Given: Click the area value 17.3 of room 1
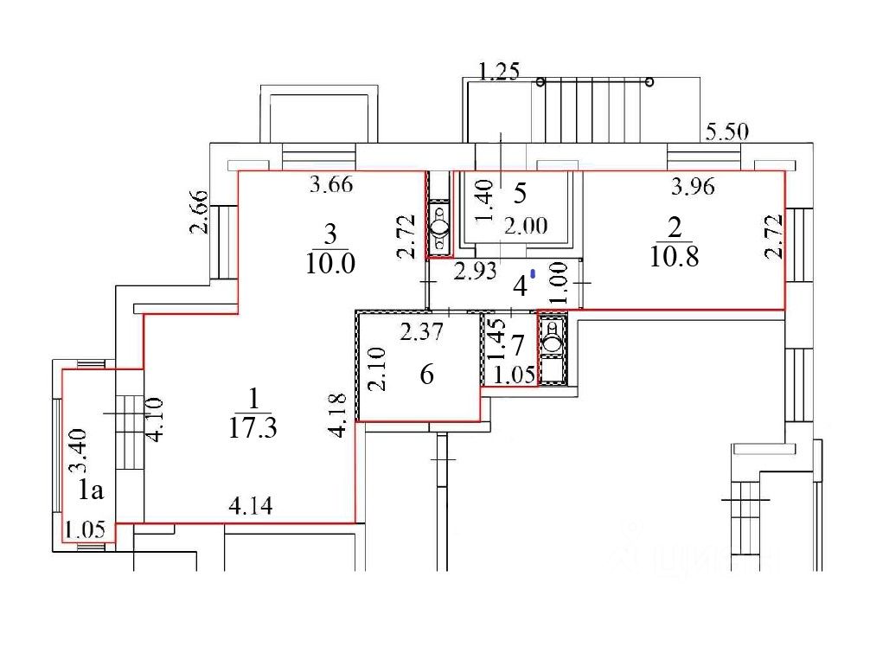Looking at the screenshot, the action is pos(253,428).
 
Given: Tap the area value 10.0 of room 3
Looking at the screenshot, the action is pos(330,263).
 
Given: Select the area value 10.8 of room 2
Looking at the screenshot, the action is pos(675,256).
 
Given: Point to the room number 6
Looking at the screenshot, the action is pos(426,375).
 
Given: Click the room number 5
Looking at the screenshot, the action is pos(520,193).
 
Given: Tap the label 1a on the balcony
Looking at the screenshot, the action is pos(91,490).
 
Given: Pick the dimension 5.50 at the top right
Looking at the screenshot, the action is pos(726,132).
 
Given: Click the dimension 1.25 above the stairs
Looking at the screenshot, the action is pos(499,72).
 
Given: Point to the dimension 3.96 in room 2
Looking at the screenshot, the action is pos(693,187).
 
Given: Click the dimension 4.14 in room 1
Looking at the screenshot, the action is pos(251,506).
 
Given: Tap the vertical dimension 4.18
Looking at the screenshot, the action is pos(338,414).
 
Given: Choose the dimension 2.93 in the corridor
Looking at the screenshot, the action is pos(475,272).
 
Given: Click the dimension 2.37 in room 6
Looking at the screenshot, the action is pos(422,332).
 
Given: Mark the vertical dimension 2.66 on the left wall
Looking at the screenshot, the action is pos(199,212).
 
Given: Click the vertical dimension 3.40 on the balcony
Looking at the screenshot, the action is pos(77,450).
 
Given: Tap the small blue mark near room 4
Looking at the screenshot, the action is pos(533,273).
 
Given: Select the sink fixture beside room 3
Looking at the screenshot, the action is pos(440,227).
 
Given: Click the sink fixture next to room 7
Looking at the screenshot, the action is pos(552,336).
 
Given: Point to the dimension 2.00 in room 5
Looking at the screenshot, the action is pos(526,226).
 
